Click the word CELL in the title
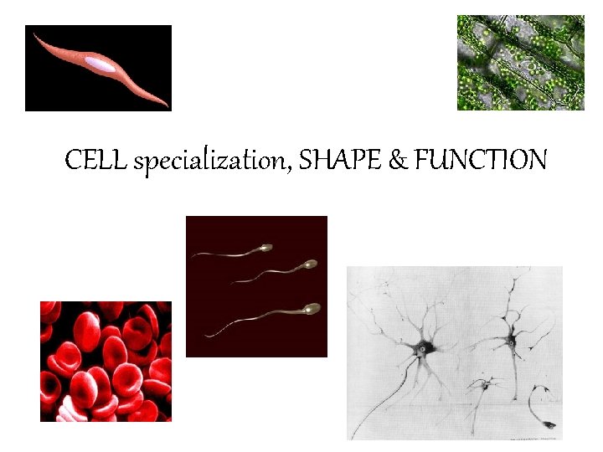click(95, 159)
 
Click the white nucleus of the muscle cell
click(100, 63)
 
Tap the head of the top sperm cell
click(266, 248)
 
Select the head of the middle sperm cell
click(310, 265)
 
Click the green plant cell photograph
click(520, 63)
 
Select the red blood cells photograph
click(106, 362)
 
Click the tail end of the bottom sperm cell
click(204, 336)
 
